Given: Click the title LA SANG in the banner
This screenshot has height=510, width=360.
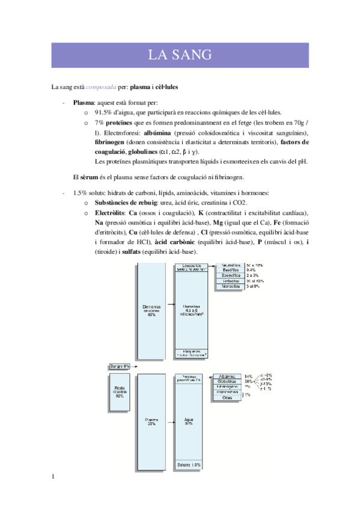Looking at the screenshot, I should coord(180,55).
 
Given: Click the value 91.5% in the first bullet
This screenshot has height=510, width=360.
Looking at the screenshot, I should coord(106,112).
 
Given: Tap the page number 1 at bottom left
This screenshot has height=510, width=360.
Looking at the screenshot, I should coord(54,477).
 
